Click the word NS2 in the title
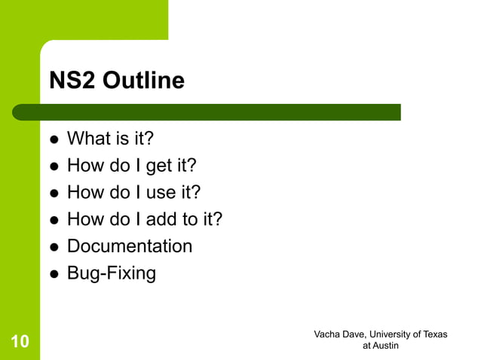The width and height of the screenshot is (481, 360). pyautogui.click(x=72, y=81)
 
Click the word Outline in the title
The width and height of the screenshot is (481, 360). pyautogui.click(x=143, y=81)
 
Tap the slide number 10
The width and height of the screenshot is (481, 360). pyautogui.click(x=20, y=343)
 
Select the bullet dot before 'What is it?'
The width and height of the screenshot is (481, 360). pyautogui.click(x=54, y=140)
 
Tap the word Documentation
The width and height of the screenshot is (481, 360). pyautogui.click(x=130, y=246)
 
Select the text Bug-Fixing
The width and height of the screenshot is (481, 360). pyautogui.click(x=112, y=273)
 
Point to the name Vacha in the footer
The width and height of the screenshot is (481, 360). pyautogui.click(x=328, y=334)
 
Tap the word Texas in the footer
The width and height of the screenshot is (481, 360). pyautogui.click(x=434, y=334)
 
